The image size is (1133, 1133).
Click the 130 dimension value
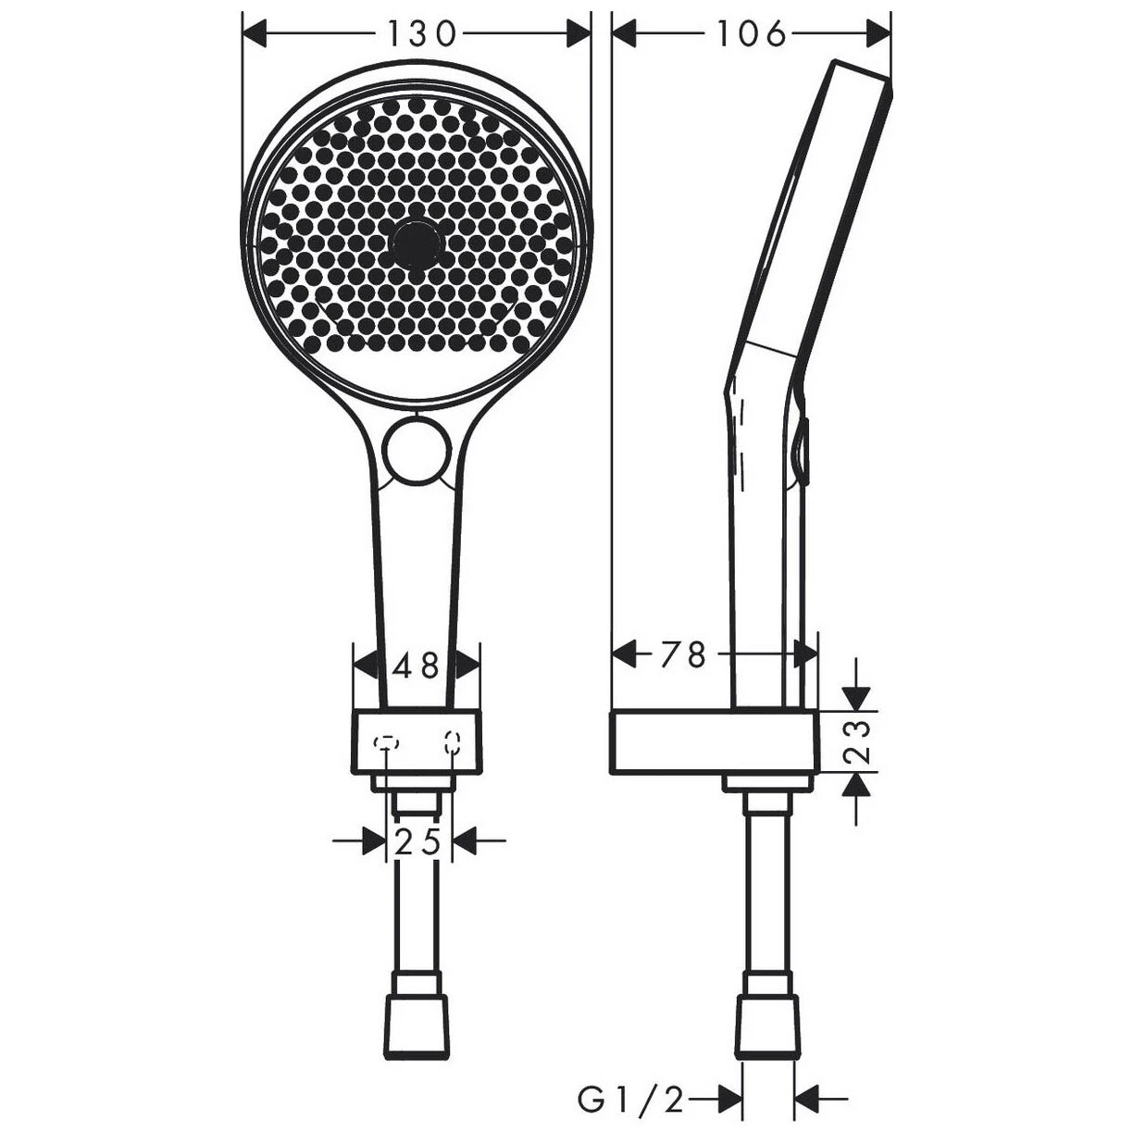click(421, 33)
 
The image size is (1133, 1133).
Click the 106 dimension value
click(751, 33)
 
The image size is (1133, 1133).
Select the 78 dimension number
click(684, 654)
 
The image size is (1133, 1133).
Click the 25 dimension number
click(417, 841)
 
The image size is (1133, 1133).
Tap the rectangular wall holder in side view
click(713, 743)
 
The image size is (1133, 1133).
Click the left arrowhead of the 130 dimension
click(254, 34)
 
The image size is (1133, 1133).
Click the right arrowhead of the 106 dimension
click(878, 34)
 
